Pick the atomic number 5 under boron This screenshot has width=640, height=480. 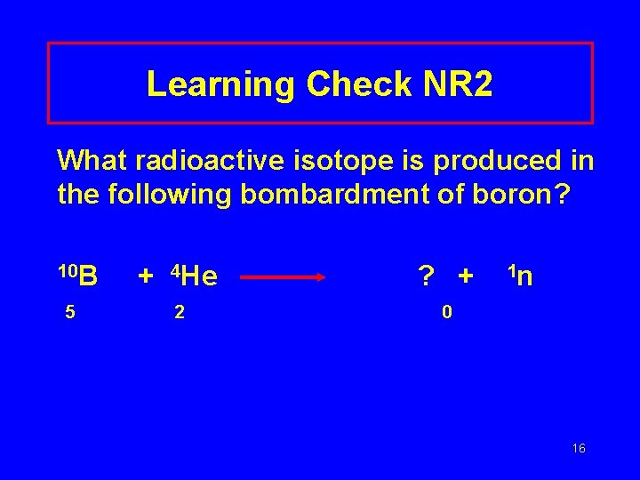(x=68, y=312)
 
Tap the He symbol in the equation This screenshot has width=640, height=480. (x=201, y=277)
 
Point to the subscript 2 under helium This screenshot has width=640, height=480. (x=180, y=312)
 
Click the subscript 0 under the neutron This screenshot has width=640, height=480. (x=447, y=312)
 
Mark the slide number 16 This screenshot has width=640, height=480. (x=579, y=449)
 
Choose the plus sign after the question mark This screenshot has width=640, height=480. (x=465, y=277)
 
